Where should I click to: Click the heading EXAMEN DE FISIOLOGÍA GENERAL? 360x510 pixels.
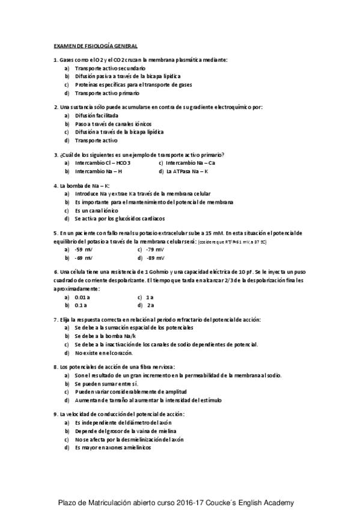click(96, 46)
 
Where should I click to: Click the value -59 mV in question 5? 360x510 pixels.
click(84, 248)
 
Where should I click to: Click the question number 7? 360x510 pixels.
click(55, 319)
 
